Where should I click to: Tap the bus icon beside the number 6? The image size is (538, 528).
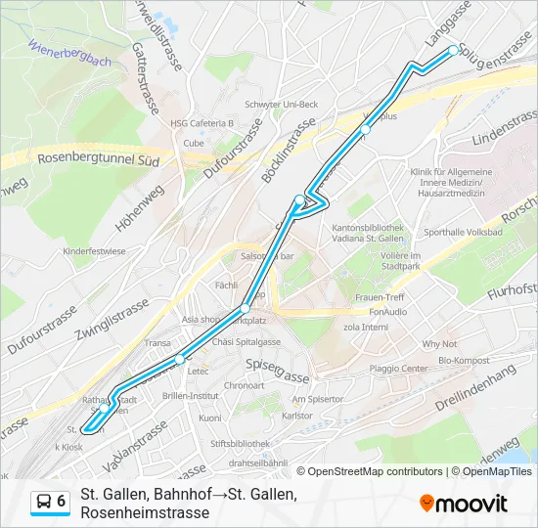43,502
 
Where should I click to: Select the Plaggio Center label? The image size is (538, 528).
398,369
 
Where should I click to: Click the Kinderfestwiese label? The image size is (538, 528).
94,251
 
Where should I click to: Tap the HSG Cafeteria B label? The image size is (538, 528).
202,123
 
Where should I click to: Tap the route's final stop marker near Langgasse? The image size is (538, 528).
453,50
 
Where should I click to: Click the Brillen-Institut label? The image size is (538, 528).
192,396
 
